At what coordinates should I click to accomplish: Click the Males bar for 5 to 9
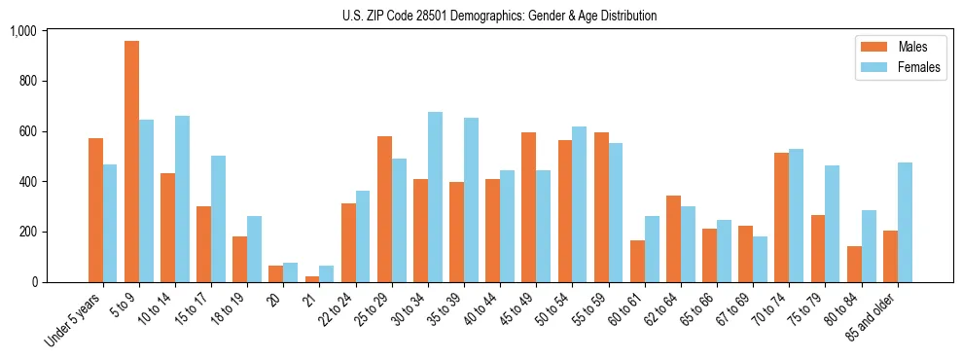132,162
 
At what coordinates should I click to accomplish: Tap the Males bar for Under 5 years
95,210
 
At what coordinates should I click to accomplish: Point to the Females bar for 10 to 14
182,199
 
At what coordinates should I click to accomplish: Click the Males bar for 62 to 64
673,239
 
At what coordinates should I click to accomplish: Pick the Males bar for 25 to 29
384,209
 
